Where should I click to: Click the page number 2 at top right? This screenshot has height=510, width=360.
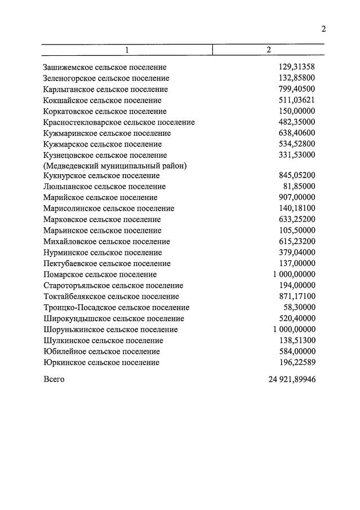323,29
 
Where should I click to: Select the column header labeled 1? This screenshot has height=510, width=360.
127,50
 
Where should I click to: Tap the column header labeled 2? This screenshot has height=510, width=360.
269,50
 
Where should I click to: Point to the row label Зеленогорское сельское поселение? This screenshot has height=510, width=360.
106,78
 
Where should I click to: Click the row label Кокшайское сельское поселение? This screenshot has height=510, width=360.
101,100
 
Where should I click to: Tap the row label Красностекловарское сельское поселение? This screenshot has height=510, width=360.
119,122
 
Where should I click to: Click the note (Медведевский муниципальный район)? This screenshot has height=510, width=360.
115,166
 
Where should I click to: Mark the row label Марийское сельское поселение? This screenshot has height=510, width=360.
100,198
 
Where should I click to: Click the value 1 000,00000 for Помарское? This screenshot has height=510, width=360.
294,274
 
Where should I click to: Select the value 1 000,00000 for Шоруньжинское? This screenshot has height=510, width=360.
294,329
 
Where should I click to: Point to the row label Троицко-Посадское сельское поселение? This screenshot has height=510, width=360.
117,308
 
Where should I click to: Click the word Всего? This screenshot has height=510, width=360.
54,379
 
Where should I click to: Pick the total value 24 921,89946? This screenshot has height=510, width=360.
292,379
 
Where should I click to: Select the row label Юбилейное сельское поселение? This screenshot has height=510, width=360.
101,352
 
